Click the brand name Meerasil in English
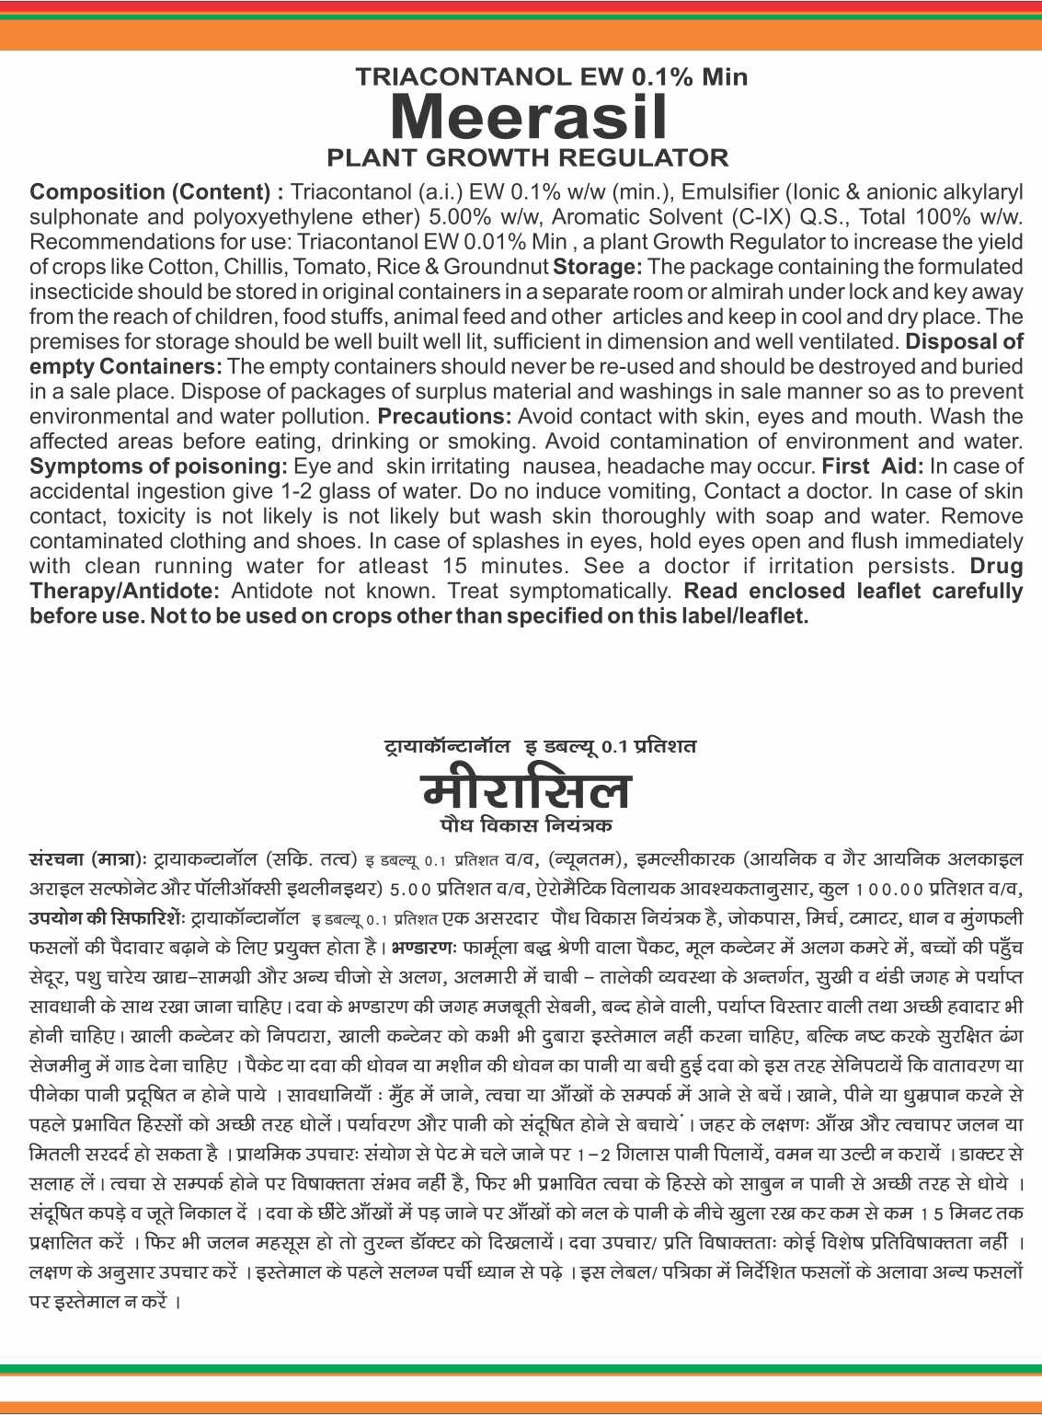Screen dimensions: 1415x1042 [x=528, y=118]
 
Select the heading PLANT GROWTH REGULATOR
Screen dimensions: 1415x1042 [x=527, y=157]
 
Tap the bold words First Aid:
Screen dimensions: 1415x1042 [x=873, y=466]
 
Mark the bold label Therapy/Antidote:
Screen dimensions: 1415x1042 [x=124, y=591]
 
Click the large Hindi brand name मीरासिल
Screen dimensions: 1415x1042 [x=526, y=789]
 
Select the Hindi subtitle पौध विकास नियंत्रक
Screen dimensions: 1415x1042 [x=526, y=824]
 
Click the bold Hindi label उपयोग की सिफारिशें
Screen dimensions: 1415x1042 [x=107, y=918]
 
